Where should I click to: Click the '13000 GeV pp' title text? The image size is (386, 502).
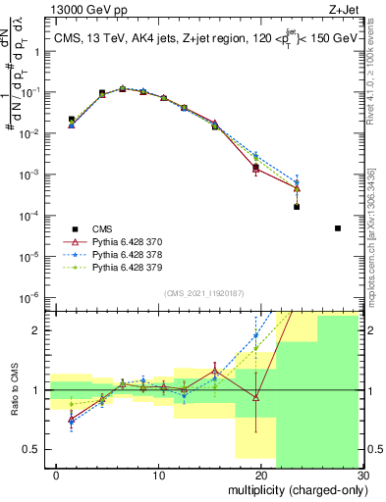(x=47, y=8)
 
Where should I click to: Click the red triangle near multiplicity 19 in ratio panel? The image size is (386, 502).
(x=255, y=398)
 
